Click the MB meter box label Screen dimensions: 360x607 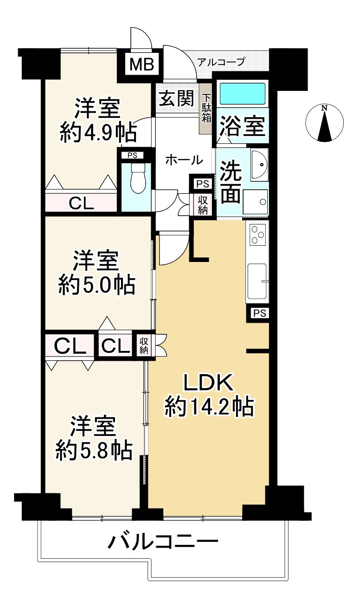coord(142,64)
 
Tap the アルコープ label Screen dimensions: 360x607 coord(221,62)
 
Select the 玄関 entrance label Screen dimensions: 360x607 coord(176,98)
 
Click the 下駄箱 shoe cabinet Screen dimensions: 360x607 coord(206,109)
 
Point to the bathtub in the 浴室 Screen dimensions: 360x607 coord(242,94)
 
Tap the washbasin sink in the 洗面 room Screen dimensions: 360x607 coord(259,165)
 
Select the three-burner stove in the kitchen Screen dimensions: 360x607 coord(257,235)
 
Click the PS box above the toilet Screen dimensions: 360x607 coord(132,155)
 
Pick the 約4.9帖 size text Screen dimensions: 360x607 coord(98,132)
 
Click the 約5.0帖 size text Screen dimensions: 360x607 coord(97,285)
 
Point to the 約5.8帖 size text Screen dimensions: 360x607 coord(94,451)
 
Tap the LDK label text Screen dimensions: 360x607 coord(209,383)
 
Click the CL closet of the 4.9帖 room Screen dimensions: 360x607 coord(81,203)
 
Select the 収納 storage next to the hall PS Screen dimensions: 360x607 coord(203,205)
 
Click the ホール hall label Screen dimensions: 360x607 coord(184,160)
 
